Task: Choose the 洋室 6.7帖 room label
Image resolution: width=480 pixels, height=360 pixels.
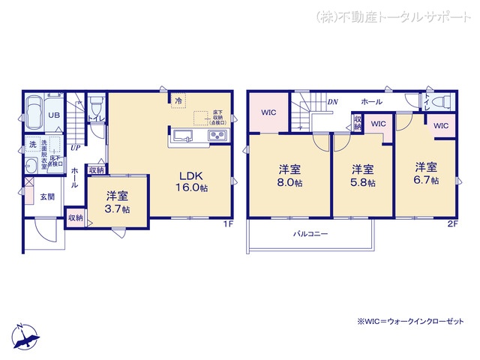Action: [x=425, y=172]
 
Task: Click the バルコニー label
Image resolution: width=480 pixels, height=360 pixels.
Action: [x=310, y=234]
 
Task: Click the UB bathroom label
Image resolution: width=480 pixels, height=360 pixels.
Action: [x=54, y=115]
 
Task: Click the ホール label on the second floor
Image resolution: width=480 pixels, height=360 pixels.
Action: [x=371, y=101]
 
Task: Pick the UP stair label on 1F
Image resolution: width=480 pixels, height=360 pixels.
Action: [x=76, y=148]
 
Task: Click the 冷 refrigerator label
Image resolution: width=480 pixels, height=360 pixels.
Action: [x=178, y=100]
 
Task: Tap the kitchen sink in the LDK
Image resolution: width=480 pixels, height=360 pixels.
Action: [x=184, y=136]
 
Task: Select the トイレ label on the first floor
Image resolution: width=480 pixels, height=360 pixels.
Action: [x=94, y=118]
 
